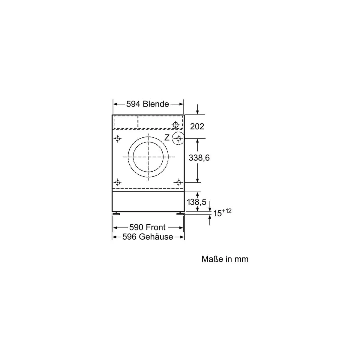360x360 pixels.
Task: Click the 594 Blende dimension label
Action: click(x=147, y=104)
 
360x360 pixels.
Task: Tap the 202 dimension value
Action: click(x=197, y=127)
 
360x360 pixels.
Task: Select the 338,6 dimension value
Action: click(x=199, y=158)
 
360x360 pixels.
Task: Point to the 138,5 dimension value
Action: click(x=196, y=202)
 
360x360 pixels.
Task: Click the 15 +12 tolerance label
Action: click(x=222, y=212)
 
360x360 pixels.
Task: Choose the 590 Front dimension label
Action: click(x=147, y=227)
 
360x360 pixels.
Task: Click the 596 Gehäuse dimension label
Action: click(x=148, y=237)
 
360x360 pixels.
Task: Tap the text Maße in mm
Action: click(x=225, y=259)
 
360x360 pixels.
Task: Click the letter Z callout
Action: click(x=166, y=138)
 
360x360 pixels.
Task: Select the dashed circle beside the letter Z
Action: click(x=172, y=138)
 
